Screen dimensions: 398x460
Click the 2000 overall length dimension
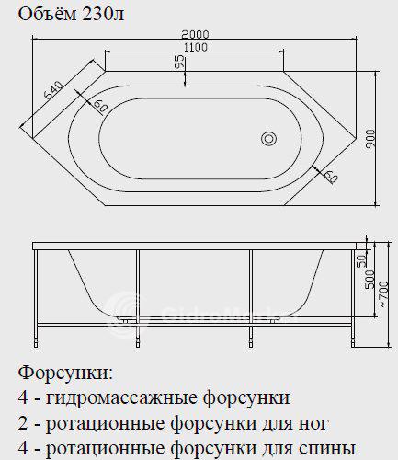click(x=195, y=34)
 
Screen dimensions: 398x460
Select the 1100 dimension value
click(x=195, y=47)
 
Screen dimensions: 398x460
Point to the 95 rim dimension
click(x=180, y=62)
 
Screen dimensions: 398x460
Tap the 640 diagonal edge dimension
click(x=53, y=90)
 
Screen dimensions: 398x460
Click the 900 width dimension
click(x=370, y=139)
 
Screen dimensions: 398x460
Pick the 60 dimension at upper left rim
click(x=100, y=106)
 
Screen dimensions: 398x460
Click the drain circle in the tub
click(x=269, y=139)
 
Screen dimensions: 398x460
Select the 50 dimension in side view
click(x=362, y=260)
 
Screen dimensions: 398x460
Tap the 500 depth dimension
click(x=370, y=279)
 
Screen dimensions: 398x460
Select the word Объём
click(x=48, y=14)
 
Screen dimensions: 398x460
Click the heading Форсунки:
click(x=65, y=373)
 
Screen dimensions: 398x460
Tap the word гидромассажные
click(x=123, y=398)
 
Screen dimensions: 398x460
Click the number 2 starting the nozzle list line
click(x=23, y=423)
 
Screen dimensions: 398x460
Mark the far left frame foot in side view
click(x=36, y=342)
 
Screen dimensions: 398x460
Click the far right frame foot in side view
click(x=354, y=342)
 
